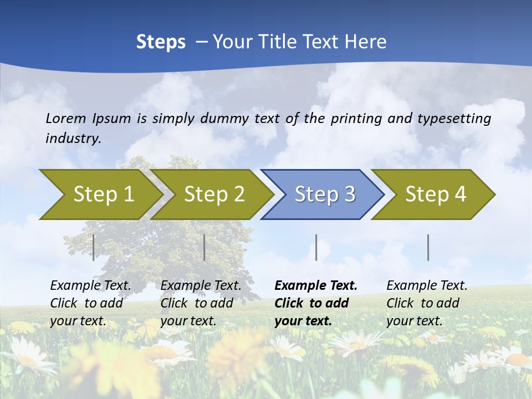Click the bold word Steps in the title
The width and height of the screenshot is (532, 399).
tap(161, 42)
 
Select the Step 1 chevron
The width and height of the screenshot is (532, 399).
tap(100, 195)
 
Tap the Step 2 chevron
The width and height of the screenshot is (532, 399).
tap(213, 195)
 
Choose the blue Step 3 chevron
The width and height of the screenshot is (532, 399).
tap(324, 195)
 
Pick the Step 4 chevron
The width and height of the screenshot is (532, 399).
tap(435, 195)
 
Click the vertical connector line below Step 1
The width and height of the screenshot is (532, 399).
tap(94, 247)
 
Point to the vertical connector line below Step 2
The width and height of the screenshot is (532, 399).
tap(204, 247)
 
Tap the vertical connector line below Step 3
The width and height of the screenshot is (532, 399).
tap(316, 247)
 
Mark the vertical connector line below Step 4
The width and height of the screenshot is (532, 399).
tap(428, 247)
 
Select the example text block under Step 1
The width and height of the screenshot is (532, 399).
tap(90, 303)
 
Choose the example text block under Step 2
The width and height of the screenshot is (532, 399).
tap(201, 303)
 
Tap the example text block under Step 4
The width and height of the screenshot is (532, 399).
tap(427, 303)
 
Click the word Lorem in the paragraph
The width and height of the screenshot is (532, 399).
tap(66, 118)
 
